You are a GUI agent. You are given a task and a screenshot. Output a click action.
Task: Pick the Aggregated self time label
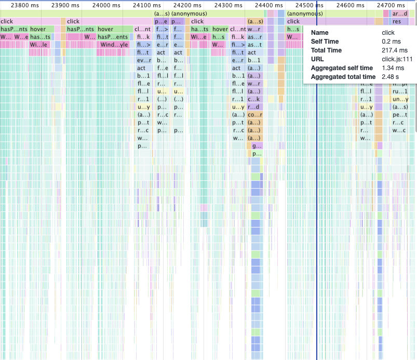[341, 68]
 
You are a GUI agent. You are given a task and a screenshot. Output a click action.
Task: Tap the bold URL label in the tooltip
[317, 59]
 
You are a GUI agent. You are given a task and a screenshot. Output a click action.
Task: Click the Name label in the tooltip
[319, 32]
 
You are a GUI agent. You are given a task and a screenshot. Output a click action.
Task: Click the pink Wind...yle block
[114, 45]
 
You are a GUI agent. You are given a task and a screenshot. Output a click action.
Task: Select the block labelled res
[398, 21]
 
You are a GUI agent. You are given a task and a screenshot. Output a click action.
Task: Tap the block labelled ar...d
[399, 14]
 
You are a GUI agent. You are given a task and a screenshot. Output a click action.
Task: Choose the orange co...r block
[254, 115]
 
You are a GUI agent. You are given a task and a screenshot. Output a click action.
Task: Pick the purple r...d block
[254, 107]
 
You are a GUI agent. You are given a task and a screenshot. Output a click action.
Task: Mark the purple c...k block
[254, 99]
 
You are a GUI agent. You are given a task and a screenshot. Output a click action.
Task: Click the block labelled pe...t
[399, 115]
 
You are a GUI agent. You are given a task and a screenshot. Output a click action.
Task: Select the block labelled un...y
[399, 99]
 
